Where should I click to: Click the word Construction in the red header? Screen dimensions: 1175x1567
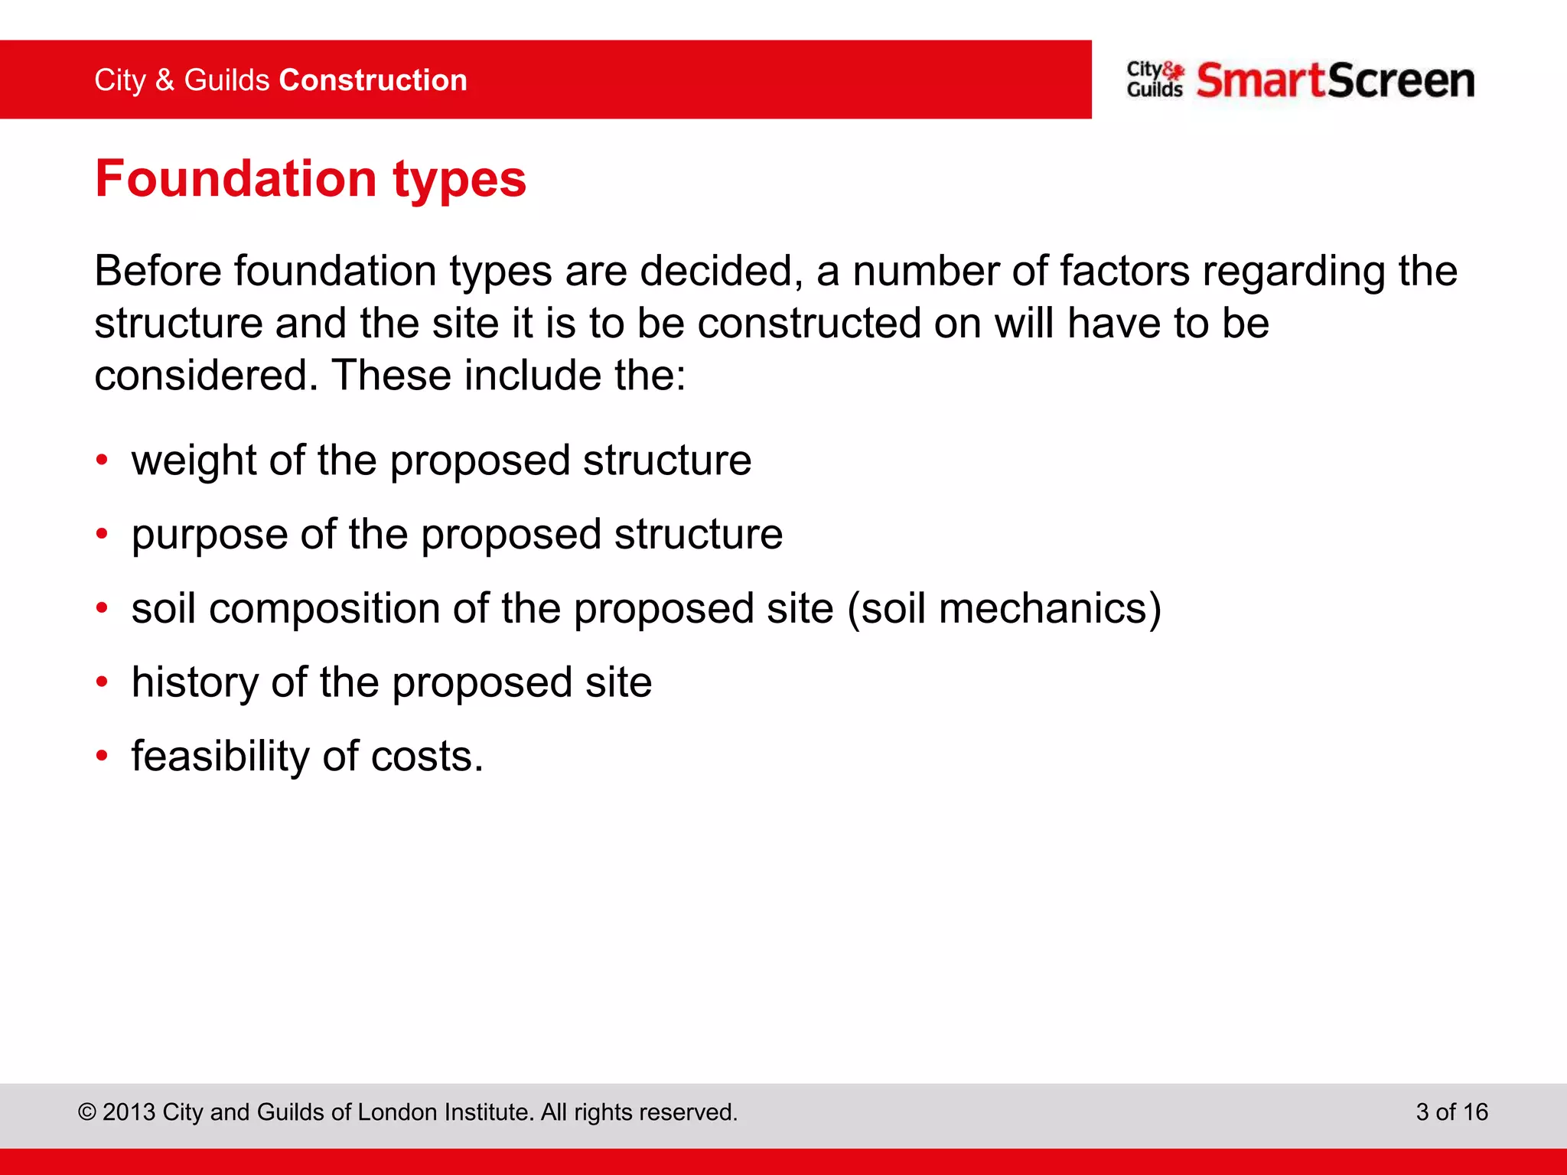[373, 80]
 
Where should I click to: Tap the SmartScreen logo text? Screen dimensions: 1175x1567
[1335, 81]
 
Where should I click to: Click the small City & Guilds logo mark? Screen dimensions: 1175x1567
[1155, 80]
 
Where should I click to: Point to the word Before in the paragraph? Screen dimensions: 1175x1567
[158, 271]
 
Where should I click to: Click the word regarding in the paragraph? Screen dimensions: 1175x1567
[1293, 272]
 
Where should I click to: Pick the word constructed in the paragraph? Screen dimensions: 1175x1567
[808, 323]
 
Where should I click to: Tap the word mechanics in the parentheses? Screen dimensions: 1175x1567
[1043, 609]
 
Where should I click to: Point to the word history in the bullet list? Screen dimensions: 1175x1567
[194, 682]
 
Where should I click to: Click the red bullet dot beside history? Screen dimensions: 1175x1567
[102, 682]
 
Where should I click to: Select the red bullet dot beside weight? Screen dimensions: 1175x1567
[102, 461]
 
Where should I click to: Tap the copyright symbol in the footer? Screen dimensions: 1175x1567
[87, 1112]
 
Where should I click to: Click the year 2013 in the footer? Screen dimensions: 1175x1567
[129, 1112]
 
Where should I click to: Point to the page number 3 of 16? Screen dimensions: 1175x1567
[1451, 1112]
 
